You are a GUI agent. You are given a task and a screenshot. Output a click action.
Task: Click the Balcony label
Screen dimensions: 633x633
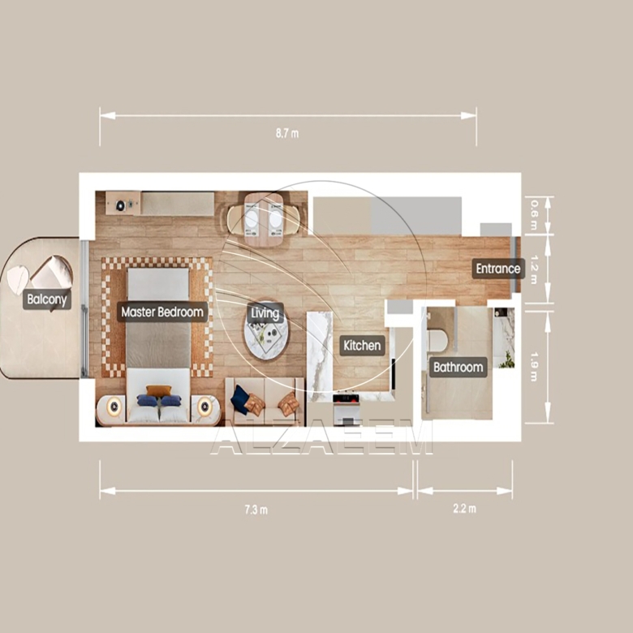[47, 299]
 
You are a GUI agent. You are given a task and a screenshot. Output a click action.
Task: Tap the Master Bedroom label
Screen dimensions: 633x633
[162, 312]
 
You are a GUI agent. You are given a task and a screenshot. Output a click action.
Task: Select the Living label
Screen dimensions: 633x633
[265, 313]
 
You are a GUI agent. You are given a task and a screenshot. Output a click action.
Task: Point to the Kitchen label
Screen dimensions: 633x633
[362, 346]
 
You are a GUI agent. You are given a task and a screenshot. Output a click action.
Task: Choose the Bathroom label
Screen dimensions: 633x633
[459, 368]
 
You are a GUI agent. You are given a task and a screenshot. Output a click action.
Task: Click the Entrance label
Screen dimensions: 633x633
[498, 269]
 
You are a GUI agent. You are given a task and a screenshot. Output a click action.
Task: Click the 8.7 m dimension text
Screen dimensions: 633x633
[287, 134]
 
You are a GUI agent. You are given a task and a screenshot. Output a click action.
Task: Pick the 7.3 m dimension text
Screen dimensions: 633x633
[256, 510]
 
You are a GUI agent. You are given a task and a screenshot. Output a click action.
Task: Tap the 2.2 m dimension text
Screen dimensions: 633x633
[465, 509]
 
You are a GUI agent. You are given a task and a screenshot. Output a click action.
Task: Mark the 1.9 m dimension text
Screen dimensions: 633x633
[534, 367]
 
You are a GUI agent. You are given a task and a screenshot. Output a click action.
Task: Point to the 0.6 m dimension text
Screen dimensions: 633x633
[534, 215]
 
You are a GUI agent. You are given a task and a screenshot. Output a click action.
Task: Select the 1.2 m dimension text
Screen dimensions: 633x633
[534, 269]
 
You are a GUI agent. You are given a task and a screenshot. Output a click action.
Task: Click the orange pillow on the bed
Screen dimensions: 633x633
[158, 391]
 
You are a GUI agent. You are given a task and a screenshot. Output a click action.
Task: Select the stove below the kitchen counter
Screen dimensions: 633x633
[346, 408]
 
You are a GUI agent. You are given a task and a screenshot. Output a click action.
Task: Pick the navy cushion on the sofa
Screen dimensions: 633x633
[240, 399]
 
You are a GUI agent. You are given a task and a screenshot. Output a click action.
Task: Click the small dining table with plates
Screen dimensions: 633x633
[264, 220]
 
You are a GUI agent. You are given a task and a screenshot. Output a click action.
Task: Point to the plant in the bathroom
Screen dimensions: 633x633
[506, 360]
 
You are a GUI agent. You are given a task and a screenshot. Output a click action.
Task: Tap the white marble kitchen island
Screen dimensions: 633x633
[321, 356]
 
